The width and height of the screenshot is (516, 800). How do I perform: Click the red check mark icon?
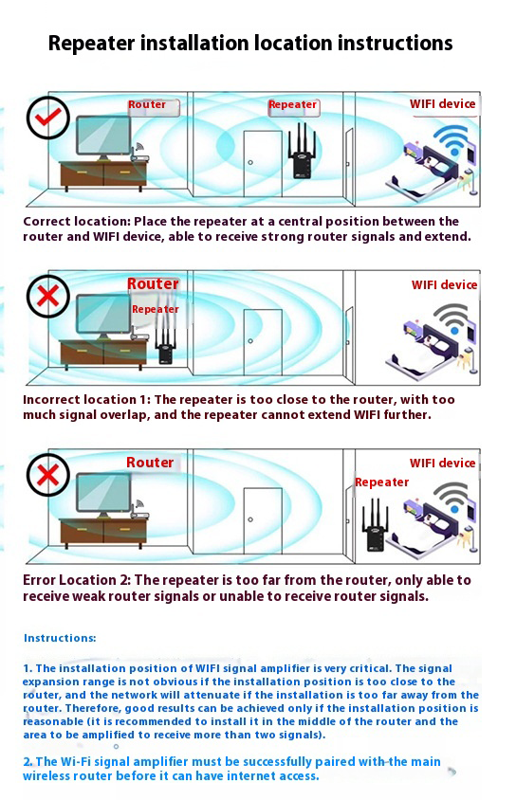tap(48, 118)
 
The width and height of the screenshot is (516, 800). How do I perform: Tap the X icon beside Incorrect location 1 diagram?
tap(48, 297)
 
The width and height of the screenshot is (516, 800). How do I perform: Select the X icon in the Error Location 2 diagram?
tap(48, 475)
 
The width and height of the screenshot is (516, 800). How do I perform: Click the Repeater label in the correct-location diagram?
tap(292, 104)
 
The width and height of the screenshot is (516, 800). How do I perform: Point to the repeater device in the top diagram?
tap(302, 151)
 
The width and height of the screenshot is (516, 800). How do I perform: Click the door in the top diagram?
tap(263, 164)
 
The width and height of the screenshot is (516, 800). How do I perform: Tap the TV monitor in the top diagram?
tap(103, 137)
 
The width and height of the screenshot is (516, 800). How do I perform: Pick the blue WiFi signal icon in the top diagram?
tap(451, 138)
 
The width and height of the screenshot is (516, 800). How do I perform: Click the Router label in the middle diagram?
tap(153, 283)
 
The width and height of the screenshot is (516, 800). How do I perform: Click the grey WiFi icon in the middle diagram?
tap(451, 318)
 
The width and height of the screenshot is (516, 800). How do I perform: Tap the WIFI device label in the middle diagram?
tap(444, 284)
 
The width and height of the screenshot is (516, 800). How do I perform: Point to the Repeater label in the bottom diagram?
tap(381, 482)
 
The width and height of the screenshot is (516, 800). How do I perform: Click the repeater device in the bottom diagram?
tap(374, 527)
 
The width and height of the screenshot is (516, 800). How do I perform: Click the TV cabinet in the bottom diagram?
tap(103, 532)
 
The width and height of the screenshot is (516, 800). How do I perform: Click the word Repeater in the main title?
tap(92, 44)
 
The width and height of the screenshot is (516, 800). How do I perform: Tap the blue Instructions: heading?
tap(60, 638)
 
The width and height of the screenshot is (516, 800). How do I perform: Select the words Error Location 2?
tap(77, 580)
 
